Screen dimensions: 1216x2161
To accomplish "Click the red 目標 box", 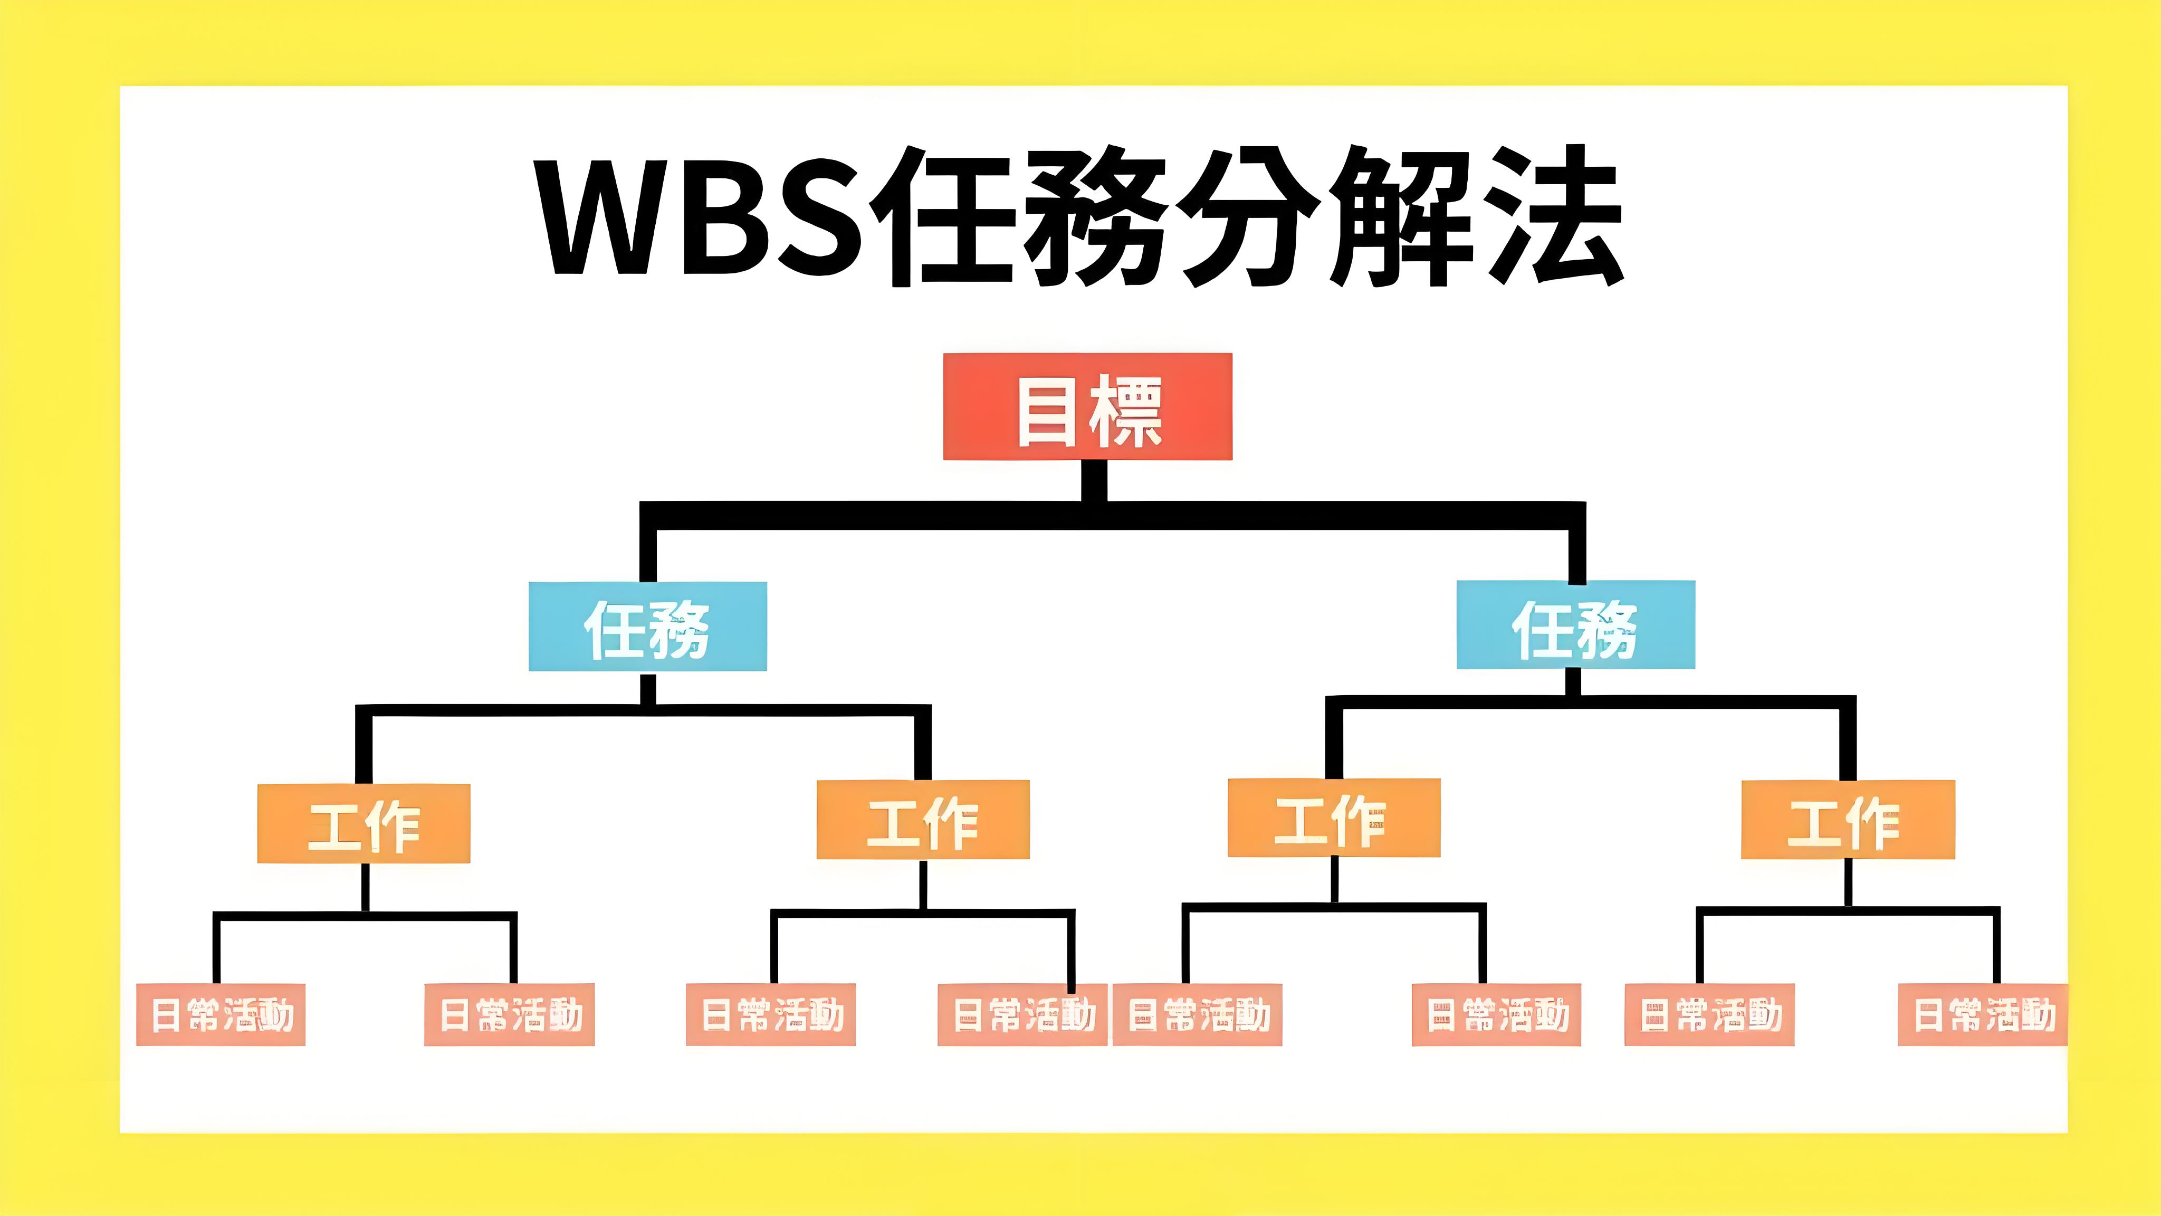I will click(x=1087, y=407).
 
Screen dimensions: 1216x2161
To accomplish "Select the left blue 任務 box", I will click(x=647, y=626).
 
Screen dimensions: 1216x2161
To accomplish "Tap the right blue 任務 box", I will click(x=1575, y=625).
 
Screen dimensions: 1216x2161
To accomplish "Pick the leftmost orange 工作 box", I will click(x=363, y=824).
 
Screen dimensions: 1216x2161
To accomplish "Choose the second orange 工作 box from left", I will click(x=923, y=820).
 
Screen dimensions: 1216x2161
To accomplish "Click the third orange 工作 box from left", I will click(x=1333, y=818).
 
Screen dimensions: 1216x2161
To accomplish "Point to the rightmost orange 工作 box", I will click(x=1847, y=820).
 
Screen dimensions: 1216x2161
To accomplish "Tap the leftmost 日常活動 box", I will click(x=221, y=1014).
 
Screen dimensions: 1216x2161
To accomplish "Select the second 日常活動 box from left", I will click(x=509, y=1014).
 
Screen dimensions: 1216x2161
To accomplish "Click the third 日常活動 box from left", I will click(x=770, y=1014).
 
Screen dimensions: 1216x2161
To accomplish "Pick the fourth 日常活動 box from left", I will click(x=1022, y=1014).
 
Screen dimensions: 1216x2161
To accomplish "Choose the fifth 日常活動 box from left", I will click(x=1197, y=1014).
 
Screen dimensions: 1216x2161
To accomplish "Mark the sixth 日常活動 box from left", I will click(x=1496, y=1014).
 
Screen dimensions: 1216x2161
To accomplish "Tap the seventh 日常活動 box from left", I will click(x=1709, y=1014).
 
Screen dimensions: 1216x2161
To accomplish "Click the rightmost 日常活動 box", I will click(x=1982, y=1014).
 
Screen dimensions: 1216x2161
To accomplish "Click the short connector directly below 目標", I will click(x=1093, y=481).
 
